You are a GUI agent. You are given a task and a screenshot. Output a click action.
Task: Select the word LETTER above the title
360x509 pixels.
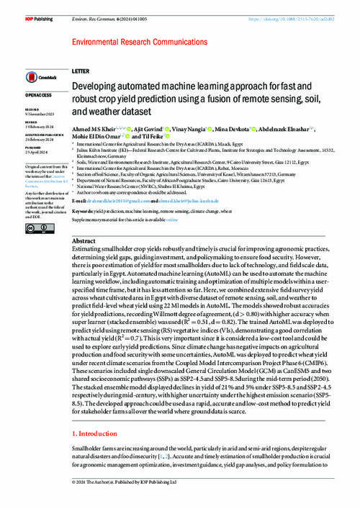point(81,73)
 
